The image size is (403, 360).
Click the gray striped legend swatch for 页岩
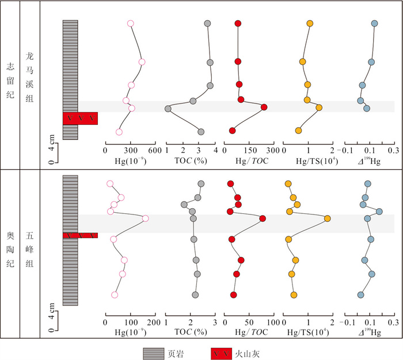(x=155, y=351)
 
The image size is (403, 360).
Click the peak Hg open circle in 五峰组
(x=145, y=219)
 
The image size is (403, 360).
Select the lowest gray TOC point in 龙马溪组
(x=168, y=109)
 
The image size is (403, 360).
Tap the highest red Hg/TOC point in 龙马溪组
(x=264, y=107)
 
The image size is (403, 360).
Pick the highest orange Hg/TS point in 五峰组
(x=328, y=219)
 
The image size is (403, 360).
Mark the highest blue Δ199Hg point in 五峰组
(x=379, y=212)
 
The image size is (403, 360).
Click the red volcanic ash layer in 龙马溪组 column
(x=80, y=118)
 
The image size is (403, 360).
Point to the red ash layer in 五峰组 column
(x=80, y=235)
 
